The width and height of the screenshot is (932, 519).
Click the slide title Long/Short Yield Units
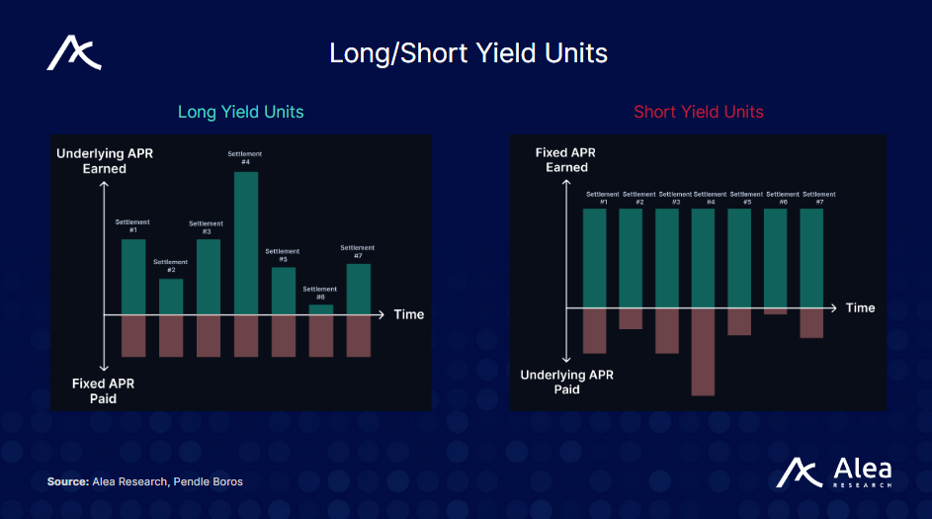467,52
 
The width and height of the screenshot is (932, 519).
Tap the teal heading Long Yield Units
240,112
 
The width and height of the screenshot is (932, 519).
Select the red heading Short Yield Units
698,112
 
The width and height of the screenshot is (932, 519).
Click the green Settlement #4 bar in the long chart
246,243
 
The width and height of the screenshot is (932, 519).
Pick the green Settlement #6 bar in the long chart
321,309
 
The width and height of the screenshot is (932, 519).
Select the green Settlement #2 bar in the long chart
171,297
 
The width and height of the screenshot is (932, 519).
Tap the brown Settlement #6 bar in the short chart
776,310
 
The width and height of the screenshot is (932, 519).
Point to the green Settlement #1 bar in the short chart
594,257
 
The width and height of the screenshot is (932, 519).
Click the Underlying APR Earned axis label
105,161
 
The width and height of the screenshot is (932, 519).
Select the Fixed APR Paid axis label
104,390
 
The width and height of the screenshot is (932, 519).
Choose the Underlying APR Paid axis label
566,382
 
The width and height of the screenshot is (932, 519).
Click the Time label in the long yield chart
408,314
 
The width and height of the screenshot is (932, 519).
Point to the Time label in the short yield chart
860,307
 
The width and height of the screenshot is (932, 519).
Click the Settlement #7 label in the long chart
358,251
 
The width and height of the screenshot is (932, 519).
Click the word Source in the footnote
67,481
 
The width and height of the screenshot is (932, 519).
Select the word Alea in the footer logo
862,469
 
